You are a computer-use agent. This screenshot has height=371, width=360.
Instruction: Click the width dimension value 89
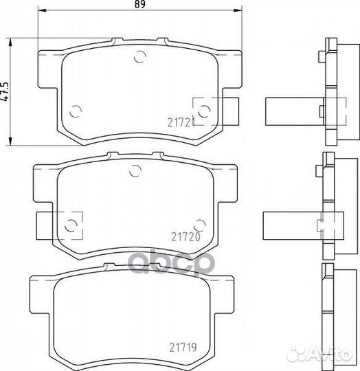140,4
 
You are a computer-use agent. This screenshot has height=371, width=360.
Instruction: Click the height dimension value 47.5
5,92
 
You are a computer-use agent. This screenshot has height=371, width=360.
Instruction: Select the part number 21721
181,122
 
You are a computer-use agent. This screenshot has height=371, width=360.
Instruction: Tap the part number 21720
185,237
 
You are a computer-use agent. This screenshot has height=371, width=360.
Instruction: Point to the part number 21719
183,348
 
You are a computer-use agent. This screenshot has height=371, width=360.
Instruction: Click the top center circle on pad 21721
139,57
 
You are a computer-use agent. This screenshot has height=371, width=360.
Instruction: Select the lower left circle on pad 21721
76,111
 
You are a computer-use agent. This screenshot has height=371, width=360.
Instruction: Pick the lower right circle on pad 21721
204,111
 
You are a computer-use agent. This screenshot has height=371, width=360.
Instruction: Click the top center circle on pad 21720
135,170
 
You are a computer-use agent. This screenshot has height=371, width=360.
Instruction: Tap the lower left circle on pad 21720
71,225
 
